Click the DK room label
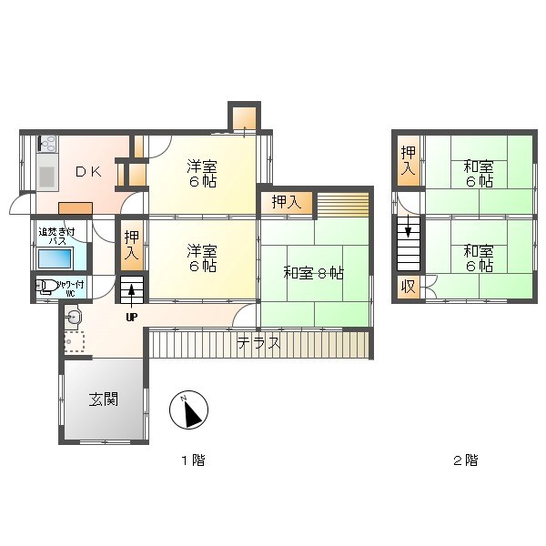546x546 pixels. [x=88, y=172]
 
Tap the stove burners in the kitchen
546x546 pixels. [x=46, y=143]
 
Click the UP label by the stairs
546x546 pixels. [x=132, y=317]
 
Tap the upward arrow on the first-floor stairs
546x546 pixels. [x=132, y=292]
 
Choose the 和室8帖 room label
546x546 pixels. [x=313, y=271]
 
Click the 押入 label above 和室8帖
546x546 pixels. [x=286, y=202]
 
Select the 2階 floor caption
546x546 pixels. [x=465, y=460]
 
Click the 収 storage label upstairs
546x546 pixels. [x=408, y=288]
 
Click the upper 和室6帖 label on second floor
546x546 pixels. [x=478, y=173]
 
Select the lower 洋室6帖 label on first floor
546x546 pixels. [x=202, y=258]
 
